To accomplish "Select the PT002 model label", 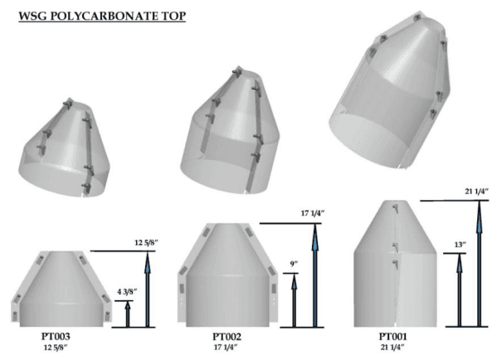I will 225,338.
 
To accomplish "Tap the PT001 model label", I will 396,338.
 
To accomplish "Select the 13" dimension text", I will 461,246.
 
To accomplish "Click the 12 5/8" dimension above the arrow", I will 148,241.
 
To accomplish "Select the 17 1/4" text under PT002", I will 225,349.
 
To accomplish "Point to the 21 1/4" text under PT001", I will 396,349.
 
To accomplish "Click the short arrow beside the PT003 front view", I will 128,314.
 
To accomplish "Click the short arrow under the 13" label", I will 461,290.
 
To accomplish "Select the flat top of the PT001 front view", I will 395,202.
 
